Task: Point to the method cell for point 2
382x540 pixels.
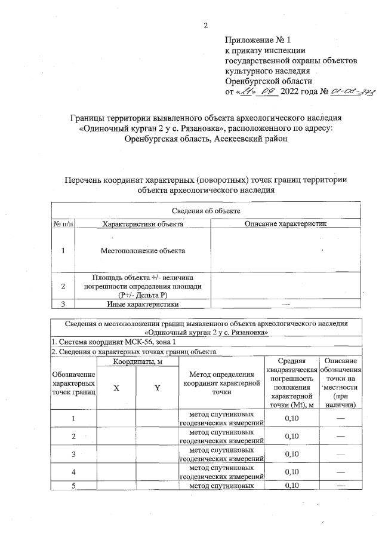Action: (222, 436)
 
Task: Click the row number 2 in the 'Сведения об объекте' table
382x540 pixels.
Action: (63, 286)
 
